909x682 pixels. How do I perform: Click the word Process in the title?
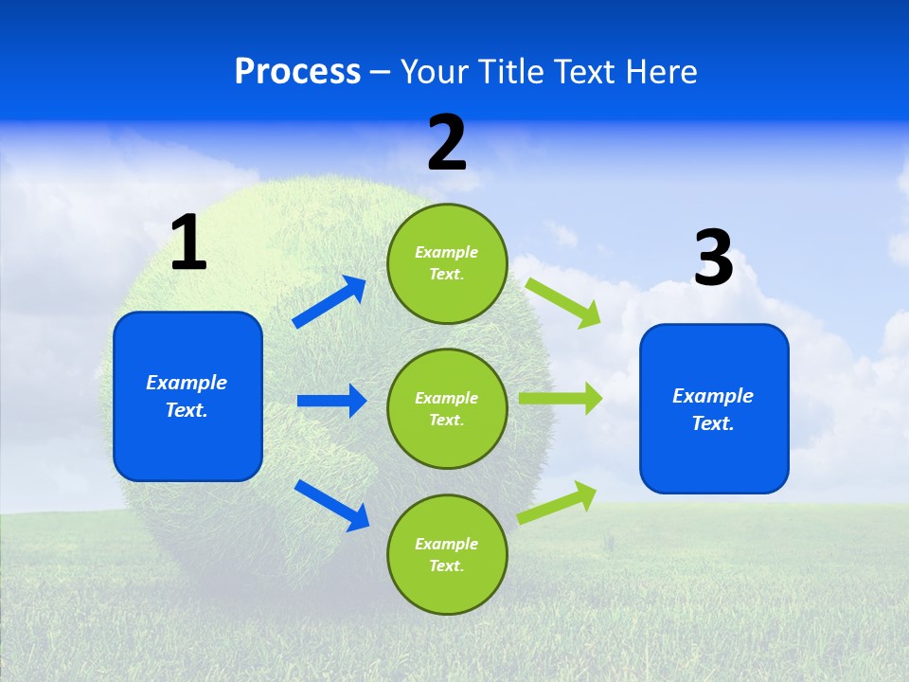point(297,71)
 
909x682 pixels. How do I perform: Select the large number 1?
point(188,243)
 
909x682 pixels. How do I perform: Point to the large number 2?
point(447,143)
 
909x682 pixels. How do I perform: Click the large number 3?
point(714,258)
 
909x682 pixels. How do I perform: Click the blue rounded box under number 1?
point(187,396)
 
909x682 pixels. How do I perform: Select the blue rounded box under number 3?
point(714,408)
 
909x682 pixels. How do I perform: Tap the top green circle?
point(447,262)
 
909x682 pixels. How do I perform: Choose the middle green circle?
point(447,408)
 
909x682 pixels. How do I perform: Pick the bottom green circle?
point(447,554)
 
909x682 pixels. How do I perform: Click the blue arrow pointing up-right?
point(330,302)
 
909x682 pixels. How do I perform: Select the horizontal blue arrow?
point(331,401)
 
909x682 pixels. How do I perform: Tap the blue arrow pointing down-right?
point(331,505)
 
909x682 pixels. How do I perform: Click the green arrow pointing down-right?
point(563,303)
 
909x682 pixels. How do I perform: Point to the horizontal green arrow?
point(561,399)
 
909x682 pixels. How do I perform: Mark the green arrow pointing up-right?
point(558,502)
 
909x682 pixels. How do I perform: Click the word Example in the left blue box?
point(187,383)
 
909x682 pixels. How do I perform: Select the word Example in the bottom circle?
point(446,544)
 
